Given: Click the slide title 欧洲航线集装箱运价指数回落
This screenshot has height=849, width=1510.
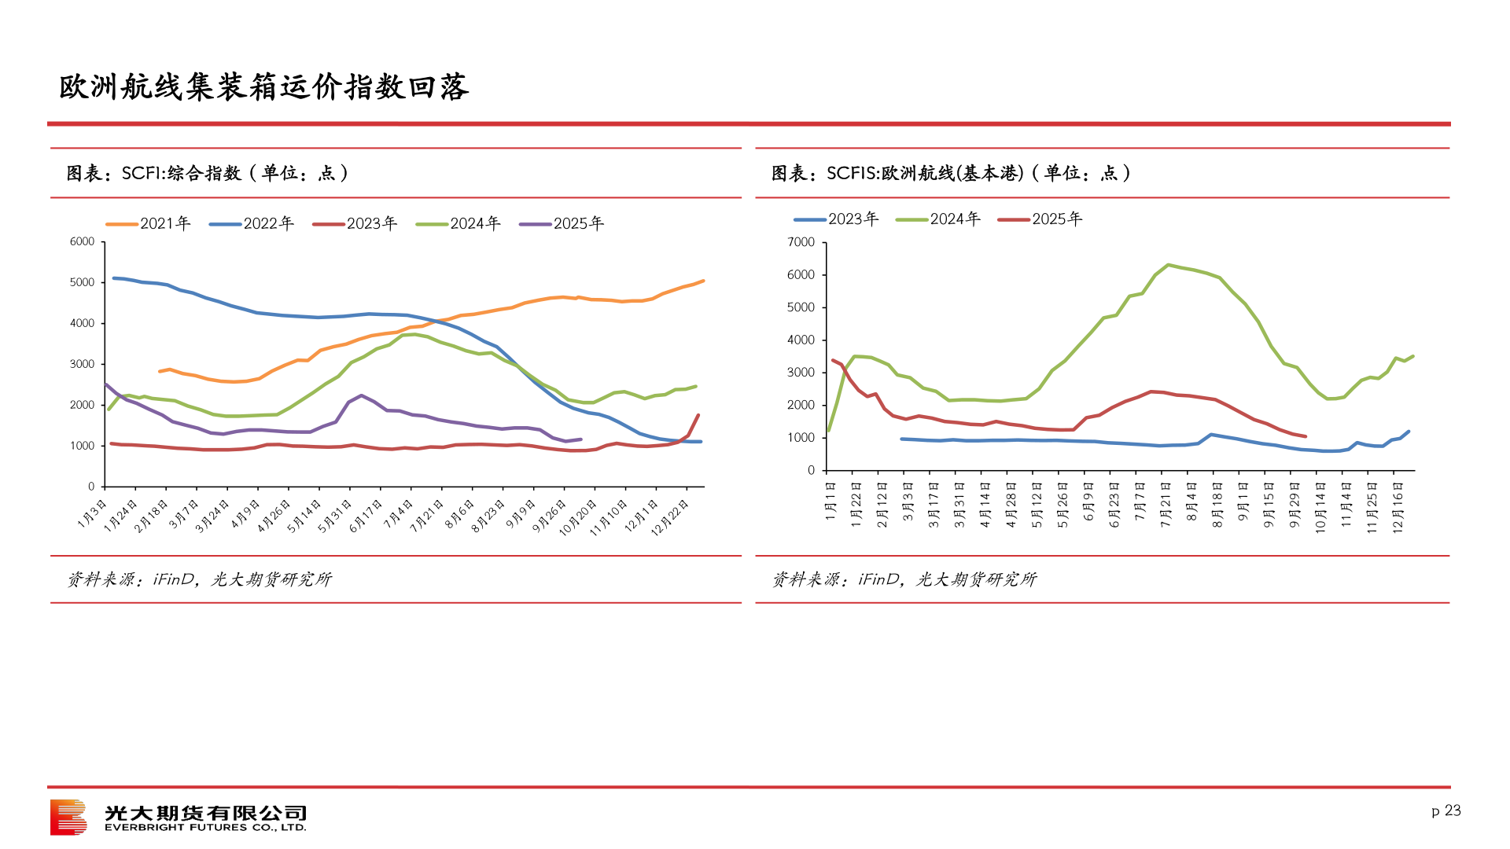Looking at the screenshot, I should [x=264, y=87].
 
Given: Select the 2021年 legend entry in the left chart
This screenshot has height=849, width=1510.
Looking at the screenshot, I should [x=149, y=224].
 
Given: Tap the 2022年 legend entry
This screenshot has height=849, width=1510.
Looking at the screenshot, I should [x=252, y=224].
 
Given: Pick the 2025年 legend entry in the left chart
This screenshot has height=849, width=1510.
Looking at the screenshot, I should [x=562, y=224].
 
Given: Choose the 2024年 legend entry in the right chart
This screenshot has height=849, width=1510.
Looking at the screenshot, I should [x=939, y=219].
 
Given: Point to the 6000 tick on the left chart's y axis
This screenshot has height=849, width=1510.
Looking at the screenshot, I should [x=82, y=242].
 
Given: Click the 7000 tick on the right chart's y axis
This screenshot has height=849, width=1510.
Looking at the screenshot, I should [x=801, y=243].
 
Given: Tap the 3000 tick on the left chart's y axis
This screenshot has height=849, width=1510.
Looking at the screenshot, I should [x=82, y=364].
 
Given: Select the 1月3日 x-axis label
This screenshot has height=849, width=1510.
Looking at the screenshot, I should [x=93, y=513].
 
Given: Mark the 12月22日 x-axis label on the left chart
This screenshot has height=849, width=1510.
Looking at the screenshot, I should [x=670, y=516].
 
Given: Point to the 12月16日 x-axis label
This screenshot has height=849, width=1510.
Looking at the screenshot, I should [x=1398, y=508].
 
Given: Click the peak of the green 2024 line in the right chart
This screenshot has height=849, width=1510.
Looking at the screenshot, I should [x=1168, y=265].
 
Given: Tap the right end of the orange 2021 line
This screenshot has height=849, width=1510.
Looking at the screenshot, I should [x=703, y=281].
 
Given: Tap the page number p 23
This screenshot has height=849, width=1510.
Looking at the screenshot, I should [x=1446, y=810].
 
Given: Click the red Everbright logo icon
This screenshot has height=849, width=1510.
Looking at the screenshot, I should [x=68, y=818].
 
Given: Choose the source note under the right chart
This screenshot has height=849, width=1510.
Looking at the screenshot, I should [x=904, y=579].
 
